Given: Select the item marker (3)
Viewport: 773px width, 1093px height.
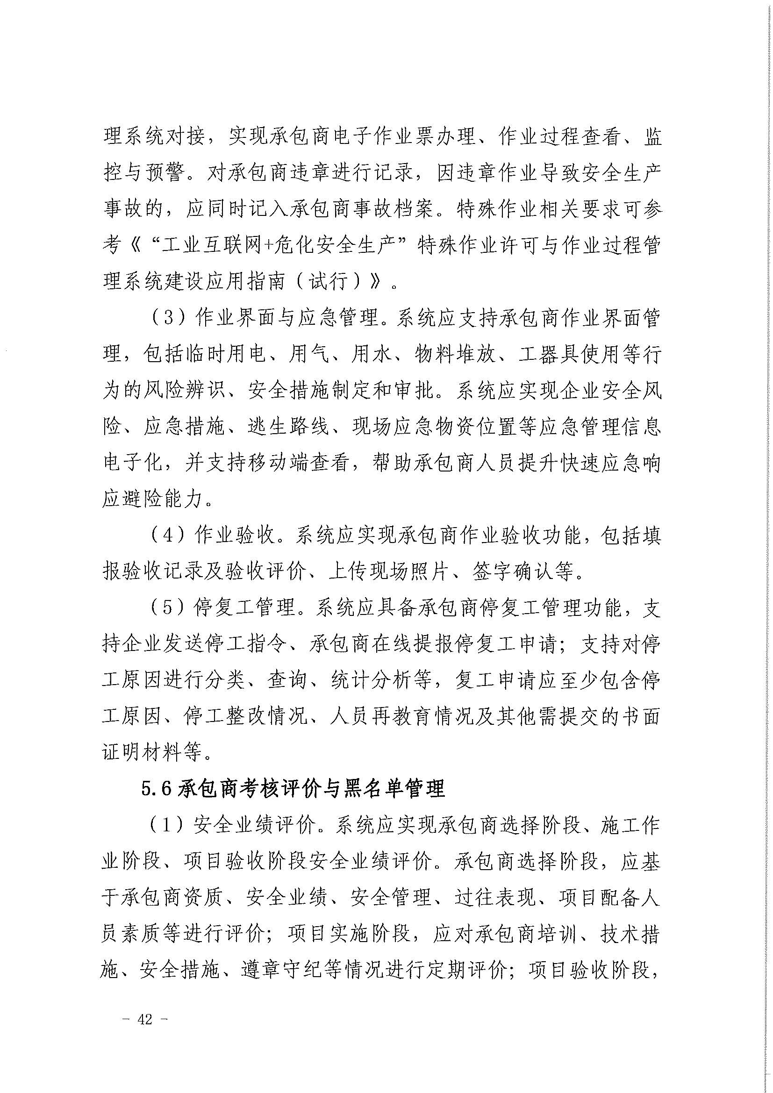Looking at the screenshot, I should point(169,319).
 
